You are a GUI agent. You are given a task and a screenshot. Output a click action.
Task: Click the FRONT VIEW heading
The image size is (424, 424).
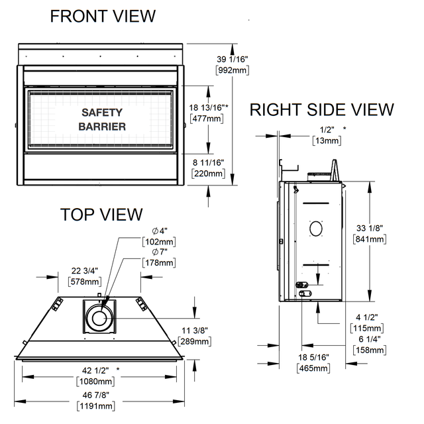coord(103,16)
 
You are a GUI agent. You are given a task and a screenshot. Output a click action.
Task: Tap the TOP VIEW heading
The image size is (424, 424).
coord(101,215)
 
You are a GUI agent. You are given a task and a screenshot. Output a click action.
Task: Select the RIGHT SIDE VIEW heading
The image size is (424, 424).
coord(321,110)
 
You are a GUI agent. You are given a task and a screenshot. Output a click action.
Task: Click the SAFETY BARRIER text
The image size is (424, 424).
coord(102,119)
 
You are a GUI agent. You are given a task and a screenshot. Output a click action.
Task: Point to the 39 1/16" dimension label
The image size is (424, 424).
coord(233,59)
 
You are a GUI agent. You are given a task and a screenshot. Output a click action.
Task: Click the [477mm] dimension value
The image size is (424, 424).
coord(207,119)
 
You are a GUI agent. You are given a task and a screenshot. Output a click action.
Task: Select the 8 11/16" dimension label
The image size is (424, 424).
coord(208,163)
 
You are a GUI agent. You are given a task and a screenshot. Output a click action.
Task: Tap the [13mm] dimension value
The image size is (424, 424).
coord(327,140)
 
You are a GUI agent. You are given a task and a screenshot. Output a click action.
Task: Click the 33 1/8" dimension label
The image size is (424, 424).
coord(370,228)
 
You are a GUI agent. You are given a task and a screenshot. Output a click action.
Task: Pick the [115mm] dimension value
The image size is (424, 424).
coord(367,329)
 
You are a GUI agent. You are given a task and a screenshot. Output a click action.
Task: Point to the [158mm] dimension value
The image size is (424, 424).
coord(370,350)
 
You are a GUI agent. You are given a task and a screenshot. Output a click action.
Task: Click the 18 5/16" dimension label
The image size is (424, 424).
coord(313,358)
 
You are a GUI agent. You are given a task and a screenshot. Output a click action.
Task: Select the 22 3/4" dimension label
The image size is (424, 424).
coord(85,271)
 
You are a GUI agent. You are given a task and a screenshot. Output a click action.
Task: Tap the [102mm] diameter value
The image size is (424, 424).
coord(159,242)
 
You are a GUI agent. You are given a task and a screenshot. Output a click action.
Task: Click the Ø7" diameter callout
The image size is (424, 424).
coord(160,252)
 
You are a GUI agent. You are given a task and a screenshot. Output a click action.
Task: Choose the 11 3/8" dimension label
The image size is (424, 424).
coord(195,331)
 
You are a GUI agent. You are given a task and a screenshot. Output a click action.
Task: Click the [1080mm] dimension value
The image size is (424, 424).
coord(95,382)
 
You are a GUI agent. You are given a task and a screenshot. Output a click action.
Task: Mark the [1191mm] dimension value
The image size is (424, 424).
coord(95,406)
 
